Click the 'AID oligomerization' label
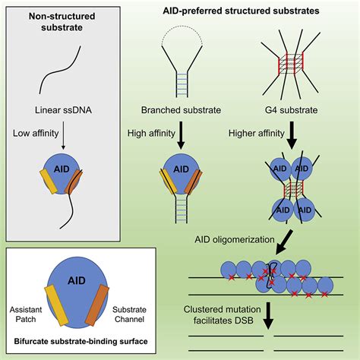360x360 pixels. pyautogui.click(x=232, y=238)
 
